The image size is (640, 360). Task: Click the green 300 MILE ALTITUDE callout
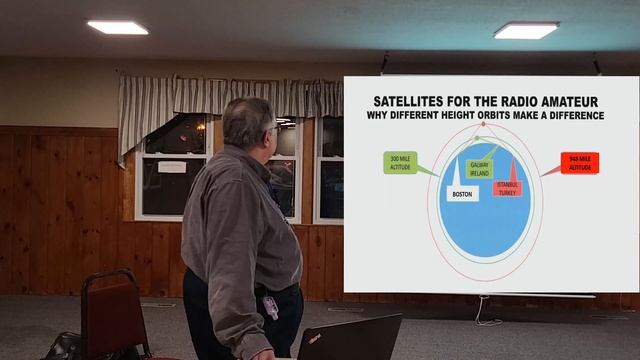pyautogui.click(x=400, y=162)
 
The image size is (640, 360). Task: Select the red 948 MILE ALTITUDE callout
pyautogui.click(x=579, y=163)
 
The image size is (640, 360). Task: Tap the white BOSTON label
pyautogui.click(x=462, y=194)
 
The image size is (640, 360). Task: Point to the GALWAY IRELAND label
pyautogui.click(x=479, y=169)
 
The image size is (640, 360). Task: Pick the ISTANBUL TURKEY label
pyautogui.click(x=507, y=188)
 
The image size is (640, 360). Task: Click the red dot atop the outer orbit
pyautogui.click(x=483, y=124)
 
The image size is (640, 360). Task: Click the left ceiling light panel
pyautogui.click(x=117, y=27)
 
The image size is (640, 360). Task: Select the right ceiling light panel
pyautogui.click(x=526, y=31)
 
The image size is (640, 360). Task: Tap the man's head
pyautogui.click(x=247, y=122)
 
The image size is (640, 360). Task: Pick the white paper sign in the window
pyautogui.click(x=172, y=166)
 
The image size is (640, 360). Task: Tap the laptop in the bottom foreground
pyautogui.click(x=349, y=338)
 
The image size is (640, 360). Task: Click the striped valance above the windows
pyautogui.click(x=229, y=98)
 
